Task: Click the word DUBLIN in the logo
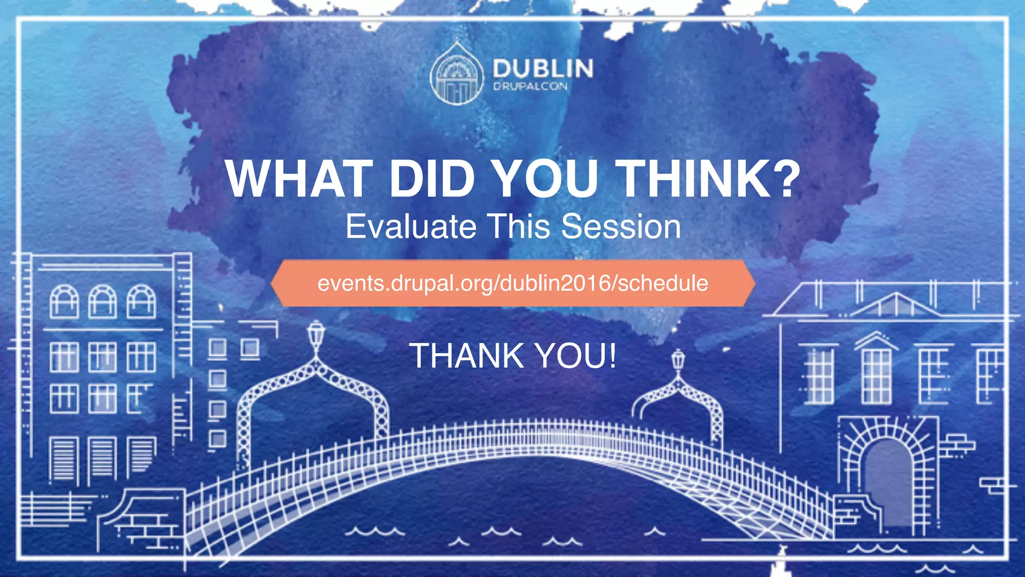coord(543,69)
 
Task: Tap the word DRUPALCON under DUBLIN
coord(530,87)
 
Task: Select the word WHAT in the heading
coord(299,179)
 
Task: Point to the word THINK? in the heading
coord(709,179)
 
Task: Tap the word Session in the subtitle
coord(621,226)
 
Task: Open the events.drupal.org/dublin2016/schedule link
coord(512,283)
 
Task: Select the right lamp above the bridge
coord(678,360)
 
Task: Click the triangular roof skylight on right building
coord(895,305)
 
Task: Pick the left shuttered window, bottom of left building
coord(64,458)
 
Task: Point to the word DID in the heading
coord(431,179)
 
